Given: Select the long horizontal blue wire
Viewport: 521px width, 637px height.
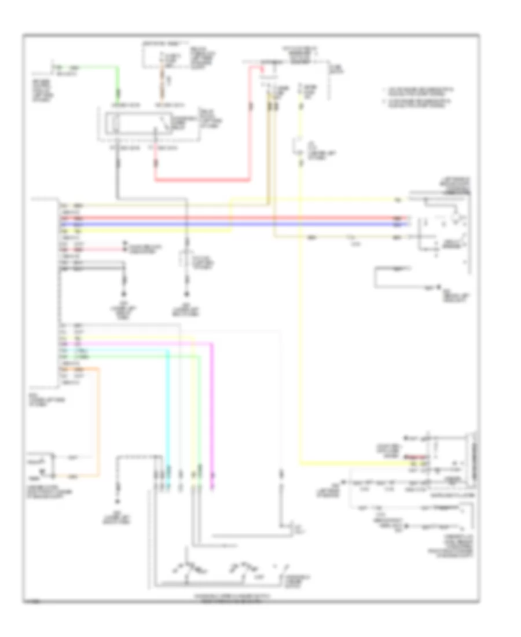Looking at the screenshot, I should [232, 224].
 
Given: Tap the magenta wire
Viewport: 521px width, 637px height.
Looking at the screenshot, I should [212, 405].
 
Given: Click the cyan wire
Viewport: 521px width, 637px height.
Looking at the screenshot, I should [168, 405].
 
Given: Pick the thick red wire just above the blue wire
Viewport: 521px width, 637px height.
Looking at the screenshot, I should [232, 218].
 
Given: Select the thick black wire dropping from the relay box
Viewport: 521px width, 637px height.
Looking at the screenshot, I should [118, 168].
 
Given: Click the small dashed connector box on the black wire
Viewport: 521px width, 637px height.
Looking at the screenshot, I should [187, 261].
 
